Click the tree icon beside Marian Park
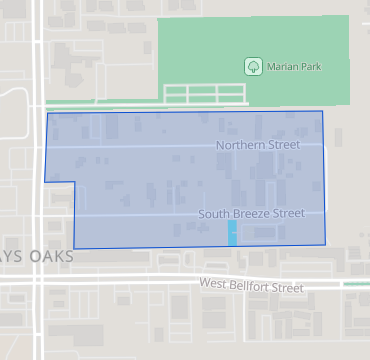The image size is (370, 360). pyautogui.click(x=253, y=67)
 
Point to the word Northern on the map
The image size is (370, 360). pyautogui.click(x=241, y=145)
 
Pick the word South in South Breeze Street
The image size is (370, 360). pyautogui.click(x=214, y=214)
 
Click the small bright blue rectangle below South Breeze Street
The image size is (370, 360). pyautogui.click(x=232, y=234)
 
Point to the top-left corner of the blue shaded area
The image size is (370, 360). pyautogui.click(x=48, y=113)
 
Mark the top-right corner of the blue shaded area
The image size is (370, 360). pyautogui.click(x=322, y=112)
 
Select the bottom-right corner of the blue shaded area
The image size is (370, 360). pyautogui.click(x=326, y=245)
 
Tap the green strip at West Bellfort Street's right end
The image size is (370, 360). pyautogui.click(x=356, y=284)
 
